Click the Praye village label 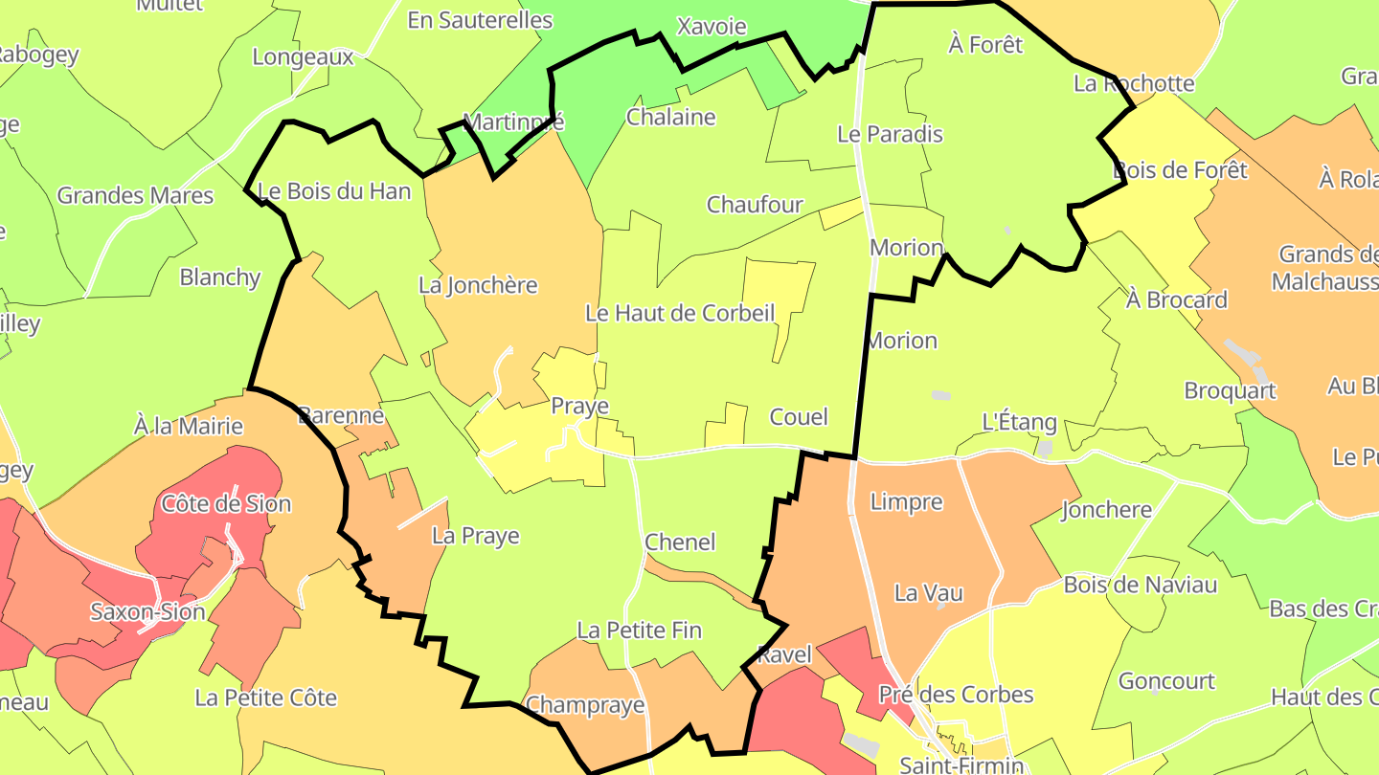[579, 407]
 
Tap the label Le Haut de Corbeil [680, 313]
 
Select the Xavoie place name [711, 26]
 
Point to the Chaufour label [755, 205]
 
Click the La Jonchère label [478, 285]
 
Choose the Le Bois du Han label [334, 191]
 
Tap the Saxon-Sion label [147, 611]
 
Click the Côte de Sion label [226, 503]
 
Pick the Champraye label [585, 705]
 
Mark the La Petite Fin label [639, 631]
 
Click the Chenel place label [680, 542]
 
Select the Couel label [799, 417]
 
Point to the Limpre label [906, 501]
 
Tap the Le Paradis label [890, 134]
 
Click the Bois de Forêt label [1181, 170]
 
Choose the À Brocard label [1176, 299]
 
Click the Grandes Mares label [135, 196]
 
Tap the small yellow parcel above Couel [728, 425]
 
